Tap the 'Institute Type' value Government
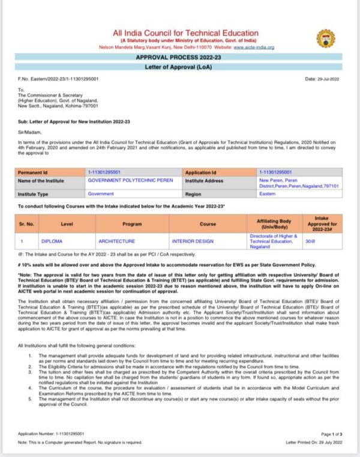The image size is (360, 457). pyautogui.click(x=101, y=194)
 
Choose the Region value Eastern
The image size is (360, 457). pyautogui.click(x=268, y=194)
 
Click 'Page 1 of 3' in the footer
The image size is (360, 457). pyautogui.click(x=331, y=434)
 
